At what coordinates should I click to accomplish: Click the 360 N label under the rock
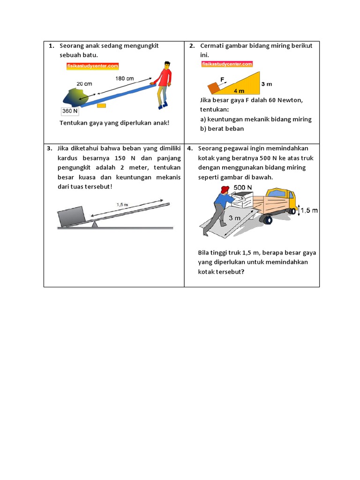[70, 111]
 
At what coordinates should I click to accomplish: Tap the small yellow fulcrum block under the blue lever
[101, 105]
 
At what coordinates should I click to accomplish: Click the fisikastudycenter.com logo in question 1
[92, 66]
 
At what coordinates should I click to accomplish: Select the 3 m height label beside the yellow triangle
[266, 84]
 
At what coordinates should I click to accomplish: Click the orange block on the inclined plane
[214, 88]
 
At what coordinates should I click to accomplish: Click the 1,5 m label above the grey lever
[123, 204]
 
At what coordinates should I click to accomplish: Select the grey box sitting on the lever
[71, 215]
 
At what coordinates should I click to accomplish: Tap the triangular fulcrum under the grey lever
[95, 225]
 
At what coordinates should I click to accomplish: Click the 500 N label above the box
[243, 187]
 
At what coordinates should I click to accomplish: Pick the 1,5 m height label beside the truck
[308, 210]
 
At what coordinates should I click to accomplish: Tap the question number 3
[49, 148]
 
